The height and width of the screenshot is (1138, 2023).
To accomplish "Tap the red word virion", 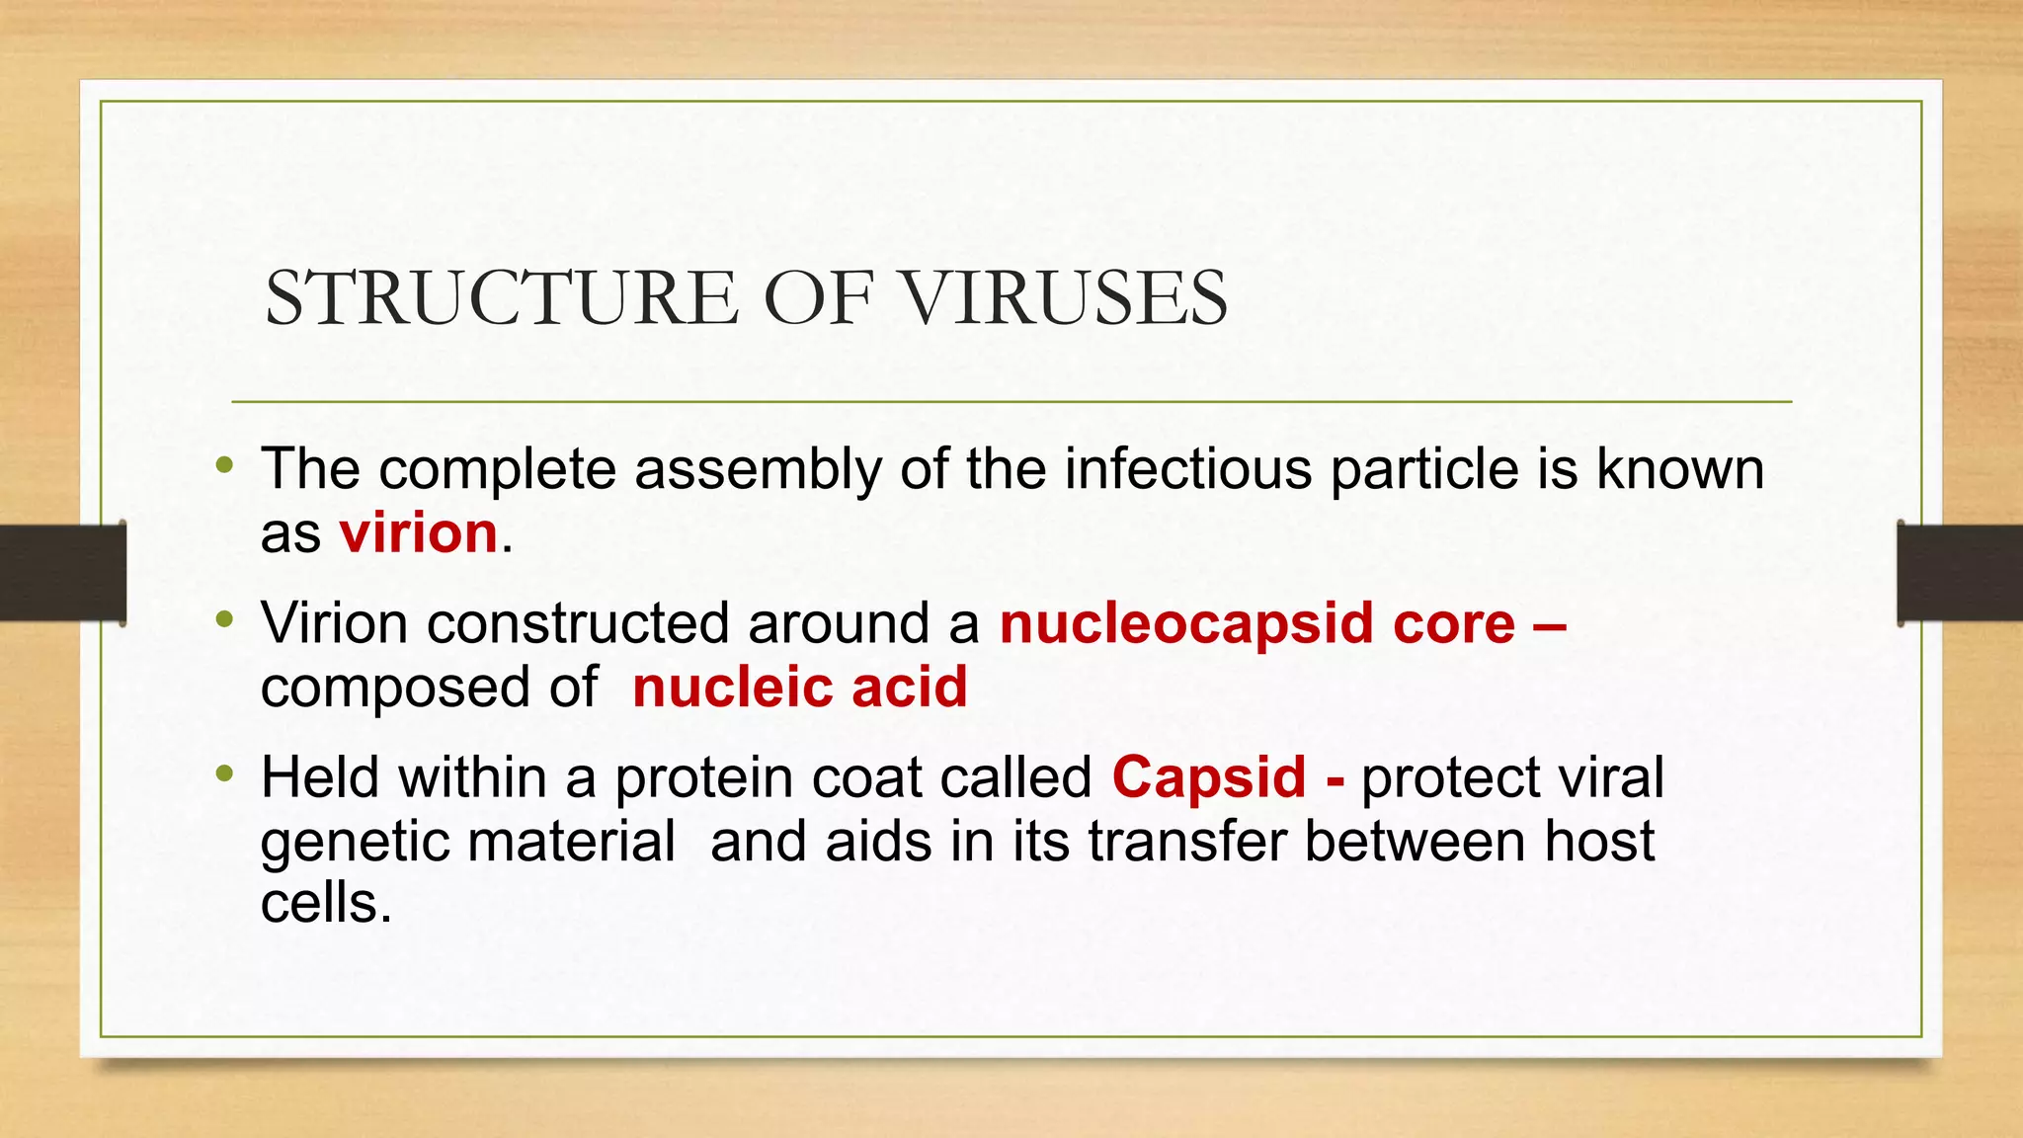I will click(x=418, y=533).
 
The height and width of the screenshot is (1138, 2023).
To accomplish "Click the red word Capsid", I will click(x=1208, y=777).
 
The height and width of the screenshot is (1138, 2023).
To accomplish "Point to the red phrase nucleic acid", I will click(x=799, y=688).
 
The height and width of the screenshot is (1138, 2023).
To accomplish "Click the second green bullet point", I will click(x=224, y=620).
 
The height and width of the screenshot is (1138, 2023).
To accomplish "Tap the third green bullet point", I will click(x=224, y=773).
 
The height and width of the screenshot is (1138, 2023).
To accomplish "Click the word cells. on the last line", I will click(x=326, y=903).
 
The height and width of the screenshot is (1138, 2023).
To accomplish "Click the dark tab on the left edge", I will click(x=63, y=573).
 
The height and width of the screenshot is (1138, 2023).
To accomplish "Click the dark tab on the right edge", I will click(x=1960, y=573).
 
